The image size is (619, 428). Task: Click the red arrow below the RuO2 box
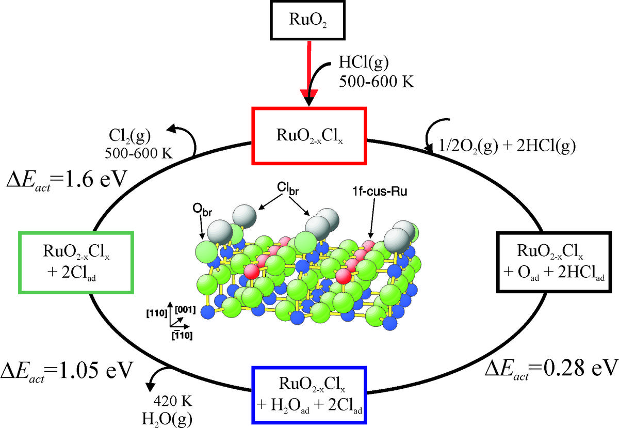pyautogui.click(x=309, y=72)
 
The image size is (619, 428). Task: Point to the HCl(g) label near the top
pyautogui.click(x=364, y=62)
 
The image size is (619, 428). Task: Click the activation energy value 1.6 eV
pyautogui.click(x=67, y=180)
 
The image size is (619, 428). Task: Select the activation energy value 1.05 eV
pyautogui.click(x=67, y=371)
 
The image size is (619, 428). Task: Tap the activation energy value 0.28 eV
pyautogui.click(x=551, y=369)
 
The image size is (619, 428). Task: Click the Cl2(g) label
pyautogui.click(x=129, y=136)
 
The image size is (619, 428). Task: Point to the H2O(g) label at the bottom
pyautogui.click(x=167, y=419)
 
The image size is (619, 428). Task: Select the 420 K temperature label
pyautogui.click(x=173, y=401)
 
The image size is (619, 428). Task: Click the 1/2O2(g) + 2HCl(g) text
pyautogui.click(x=507, y=146)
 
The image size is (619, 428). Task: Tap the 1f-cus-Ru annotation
pyautogui.click(x=380, y=192)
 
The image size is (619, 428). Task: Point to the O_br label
pyautogui.click(x=202, y=210)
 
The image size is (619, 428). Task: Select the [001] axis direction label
pyautogui.click(x=185, y=310)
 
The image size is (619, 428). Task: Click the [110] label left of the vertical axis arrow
pyautogui.click(x=157, y=313)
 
